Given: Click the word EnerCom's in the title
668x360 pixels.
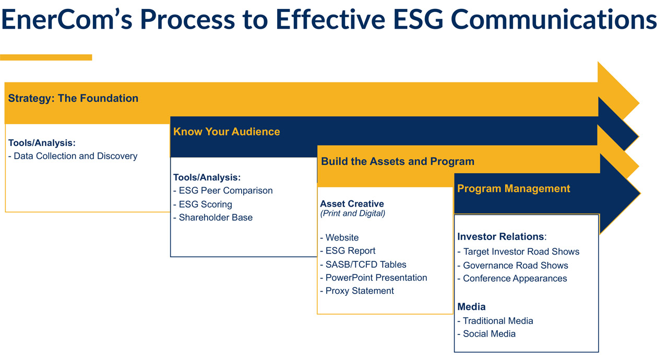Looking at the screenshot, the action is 67,19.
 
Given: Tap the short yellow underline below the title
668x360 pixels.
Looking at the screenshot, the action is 46,57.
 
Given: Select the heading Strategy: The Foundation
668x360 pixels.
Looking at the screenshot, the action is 73,98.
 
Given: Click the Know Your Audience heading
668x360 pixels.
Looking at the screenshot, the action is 226,131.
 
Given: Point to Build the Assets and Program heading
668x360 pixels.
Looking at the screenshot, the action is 398,162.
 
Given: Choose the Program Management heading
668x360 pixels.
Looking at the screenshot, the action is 514,189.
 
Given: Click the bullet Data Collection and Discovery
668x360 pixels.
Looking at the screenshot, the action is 73,156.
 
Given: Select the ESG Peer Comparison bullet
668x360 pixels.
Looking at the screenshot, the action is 223,191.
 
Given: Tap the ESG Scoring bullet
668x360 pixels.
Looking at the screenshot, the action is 202,205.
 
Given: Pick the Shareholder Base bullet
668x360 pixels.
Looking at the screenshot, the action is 213,218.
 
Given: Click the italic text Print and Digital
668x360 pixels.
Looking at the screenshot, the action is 352,214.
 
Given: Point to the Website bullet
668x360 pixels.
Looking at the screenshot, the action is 339,237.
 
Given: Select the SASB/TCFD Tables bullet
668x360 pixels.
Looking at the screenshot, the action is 363,265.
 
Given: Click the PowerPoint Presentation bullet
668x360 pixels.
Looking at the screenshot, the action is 374,278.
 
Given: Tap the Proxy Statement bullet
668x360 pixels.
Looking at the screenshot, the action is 357,291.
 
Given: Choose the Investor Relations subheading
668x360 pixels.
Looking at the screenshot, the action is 502,237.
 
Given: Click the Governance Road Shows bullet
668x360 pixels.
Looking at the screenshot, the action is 512,266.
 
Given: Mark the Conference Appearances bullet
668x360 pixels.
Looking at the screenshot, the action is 512,279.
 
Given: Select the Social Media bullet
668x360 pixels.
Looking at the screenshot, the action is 486,334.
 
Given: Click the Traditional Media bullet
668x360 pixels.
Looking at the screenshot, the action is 495,321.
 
